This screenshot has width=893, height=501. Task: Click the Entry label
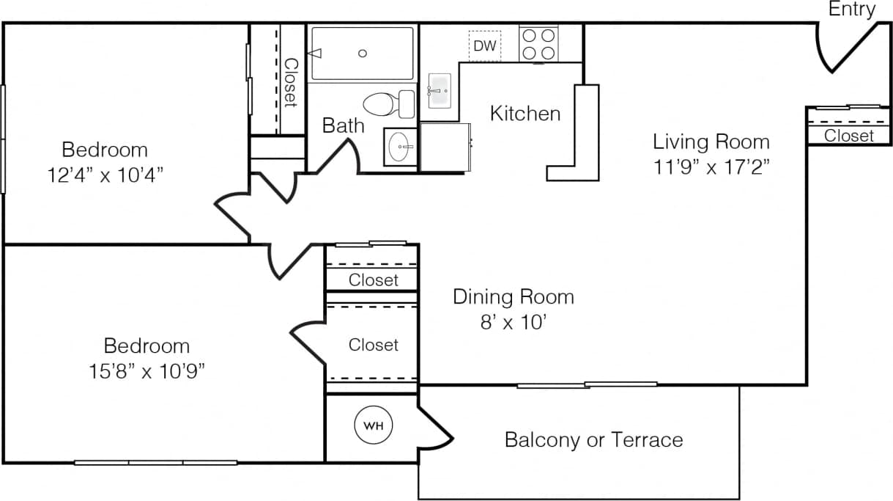point(852,10)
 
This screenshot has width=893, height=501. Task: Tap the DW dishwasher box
point(484,46)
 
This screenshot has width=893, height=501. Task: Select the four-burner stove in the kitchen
point(538,43)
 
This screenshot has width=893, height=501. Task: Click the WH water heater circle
point(374,425)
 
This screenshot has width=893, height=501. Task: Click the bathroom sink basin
point(399,147)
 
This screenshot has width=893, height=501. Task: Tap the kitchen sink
point(439,91)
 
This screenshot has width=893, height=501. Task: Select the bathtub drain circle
point(362,53)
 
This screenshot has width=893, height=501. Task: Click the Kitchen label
point(525,114)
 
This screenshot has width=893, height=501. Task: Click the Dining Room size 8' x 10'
point(513,322)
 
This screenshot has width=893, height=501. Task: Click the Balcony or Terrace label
point(593,440)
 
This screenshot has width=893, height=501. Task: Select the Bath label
point(343,125)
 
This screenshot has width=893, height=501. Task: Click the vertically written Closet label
point(290,81)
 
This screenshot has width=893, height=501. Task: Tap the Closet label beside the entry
point(849,136)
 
